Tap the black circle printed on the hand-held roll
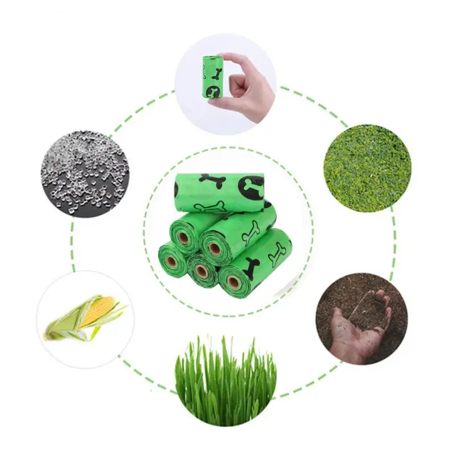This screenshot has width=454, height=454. click(214, 91)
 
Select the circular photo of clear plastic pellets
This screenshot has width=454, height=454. click(85, 173)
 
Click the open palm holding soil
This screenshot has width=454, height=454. click(358, 329)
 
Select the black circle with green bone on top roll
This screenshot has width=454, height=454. click(253, 188)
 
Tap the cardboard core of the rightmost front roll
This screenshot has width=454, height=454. click(233, 281)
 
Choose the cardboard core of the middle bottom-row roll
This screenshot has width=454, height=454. click(201, 271)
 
